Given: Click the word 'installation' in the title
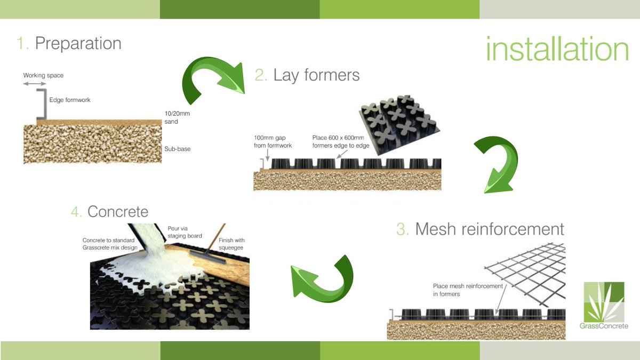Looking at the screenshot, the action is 557,49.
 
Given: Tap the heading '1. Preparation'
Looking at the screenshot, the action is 69,43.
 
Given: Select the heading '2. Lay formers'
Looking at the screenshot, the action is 307,75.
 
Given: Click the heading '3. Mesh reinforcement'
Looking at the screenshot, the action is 480,229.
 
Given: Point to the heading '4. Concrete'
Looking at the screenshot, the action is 110,212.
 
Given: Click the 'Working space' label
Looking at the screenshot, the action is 43,75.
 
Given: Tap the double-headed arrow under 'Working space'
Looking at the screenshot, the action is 35,84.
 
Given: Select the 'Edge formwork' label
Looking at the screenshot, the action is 70,100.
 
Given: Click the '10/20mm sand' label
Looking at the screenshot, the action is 177,117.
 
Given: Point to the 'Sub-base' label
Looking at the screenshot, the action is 178,149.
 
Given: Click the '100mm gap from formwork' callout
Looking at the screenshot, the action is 273,142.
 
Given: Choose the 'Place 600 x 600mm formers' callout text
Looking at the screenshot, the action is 341,142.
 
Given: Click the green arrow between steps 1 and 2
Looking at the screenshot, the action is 213,78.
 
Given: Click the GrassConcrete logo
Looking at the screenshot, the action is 604,306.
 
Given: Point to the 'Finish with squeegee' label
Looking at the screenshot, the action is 231,244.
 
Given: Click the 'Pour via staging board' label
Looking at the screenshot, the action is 185,233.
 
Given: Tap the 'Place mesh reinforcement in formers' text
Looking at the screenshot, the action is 468,290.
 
